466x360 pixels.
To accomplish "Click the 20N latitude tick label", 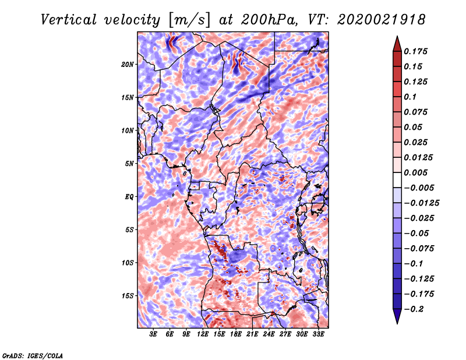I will (x=128, y=64).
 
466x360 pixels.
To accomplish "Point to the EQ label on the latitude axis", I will (x=129, y=196).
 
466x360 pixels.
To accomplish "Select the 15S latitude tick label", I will (x=128, y=295).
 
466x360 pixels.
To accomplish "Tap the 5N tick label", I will (x=129, y=163).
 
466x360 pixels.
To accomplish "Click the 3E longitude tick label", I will (x=154, y=335).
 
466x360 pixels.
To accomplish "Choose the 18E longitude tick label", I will (x=236, y=335).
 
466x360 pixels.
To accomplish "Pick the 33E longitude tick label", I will (x=318, y=335).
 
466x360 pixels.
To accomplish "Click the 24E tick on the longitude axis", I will (x=269, y=335).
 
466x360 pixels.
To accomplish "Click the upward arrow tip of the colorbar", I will (x=397, y=38).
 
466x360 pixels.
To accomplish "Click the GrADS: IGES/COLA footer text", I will (x=33, y=354).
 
